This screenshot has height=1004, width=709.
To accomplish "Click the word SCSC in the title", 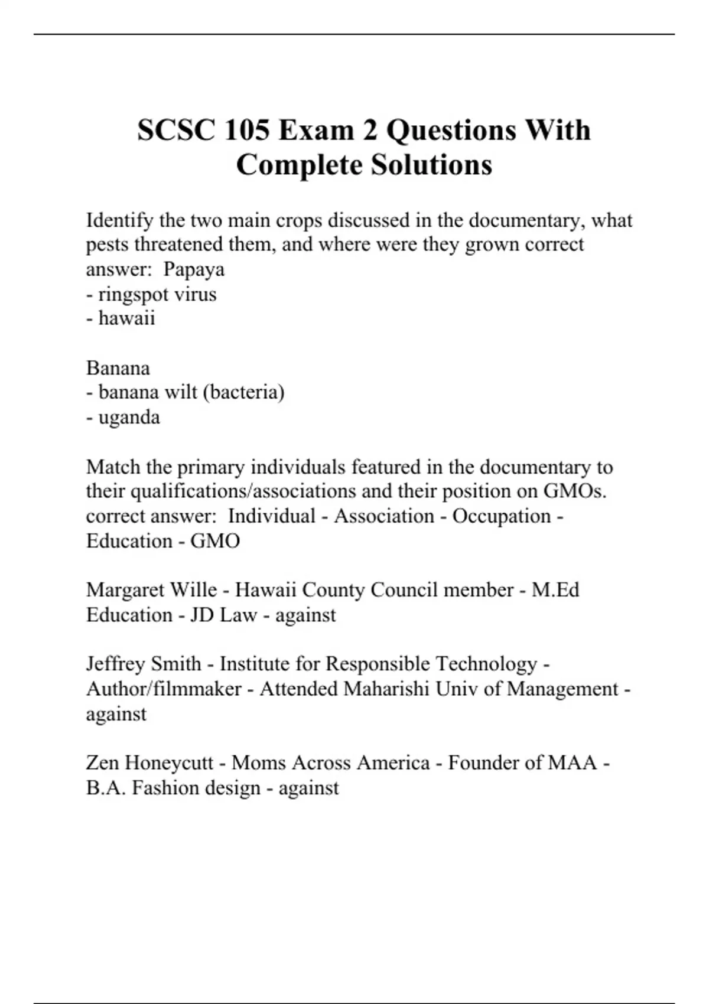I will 175,131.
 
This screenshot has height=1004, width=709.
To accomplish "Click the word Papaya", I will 194,269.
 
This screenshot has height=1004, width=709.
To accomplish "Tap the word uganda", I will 129,418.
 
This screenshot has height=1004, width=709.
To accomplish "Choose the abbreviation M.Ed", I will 555,590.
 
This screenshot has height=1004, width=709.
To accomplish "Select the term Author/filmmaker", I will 164,689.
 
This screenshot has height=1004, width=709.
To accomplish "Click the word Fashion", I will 165,788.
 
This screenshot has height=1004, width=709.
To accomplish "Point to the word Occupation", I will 502,516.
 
